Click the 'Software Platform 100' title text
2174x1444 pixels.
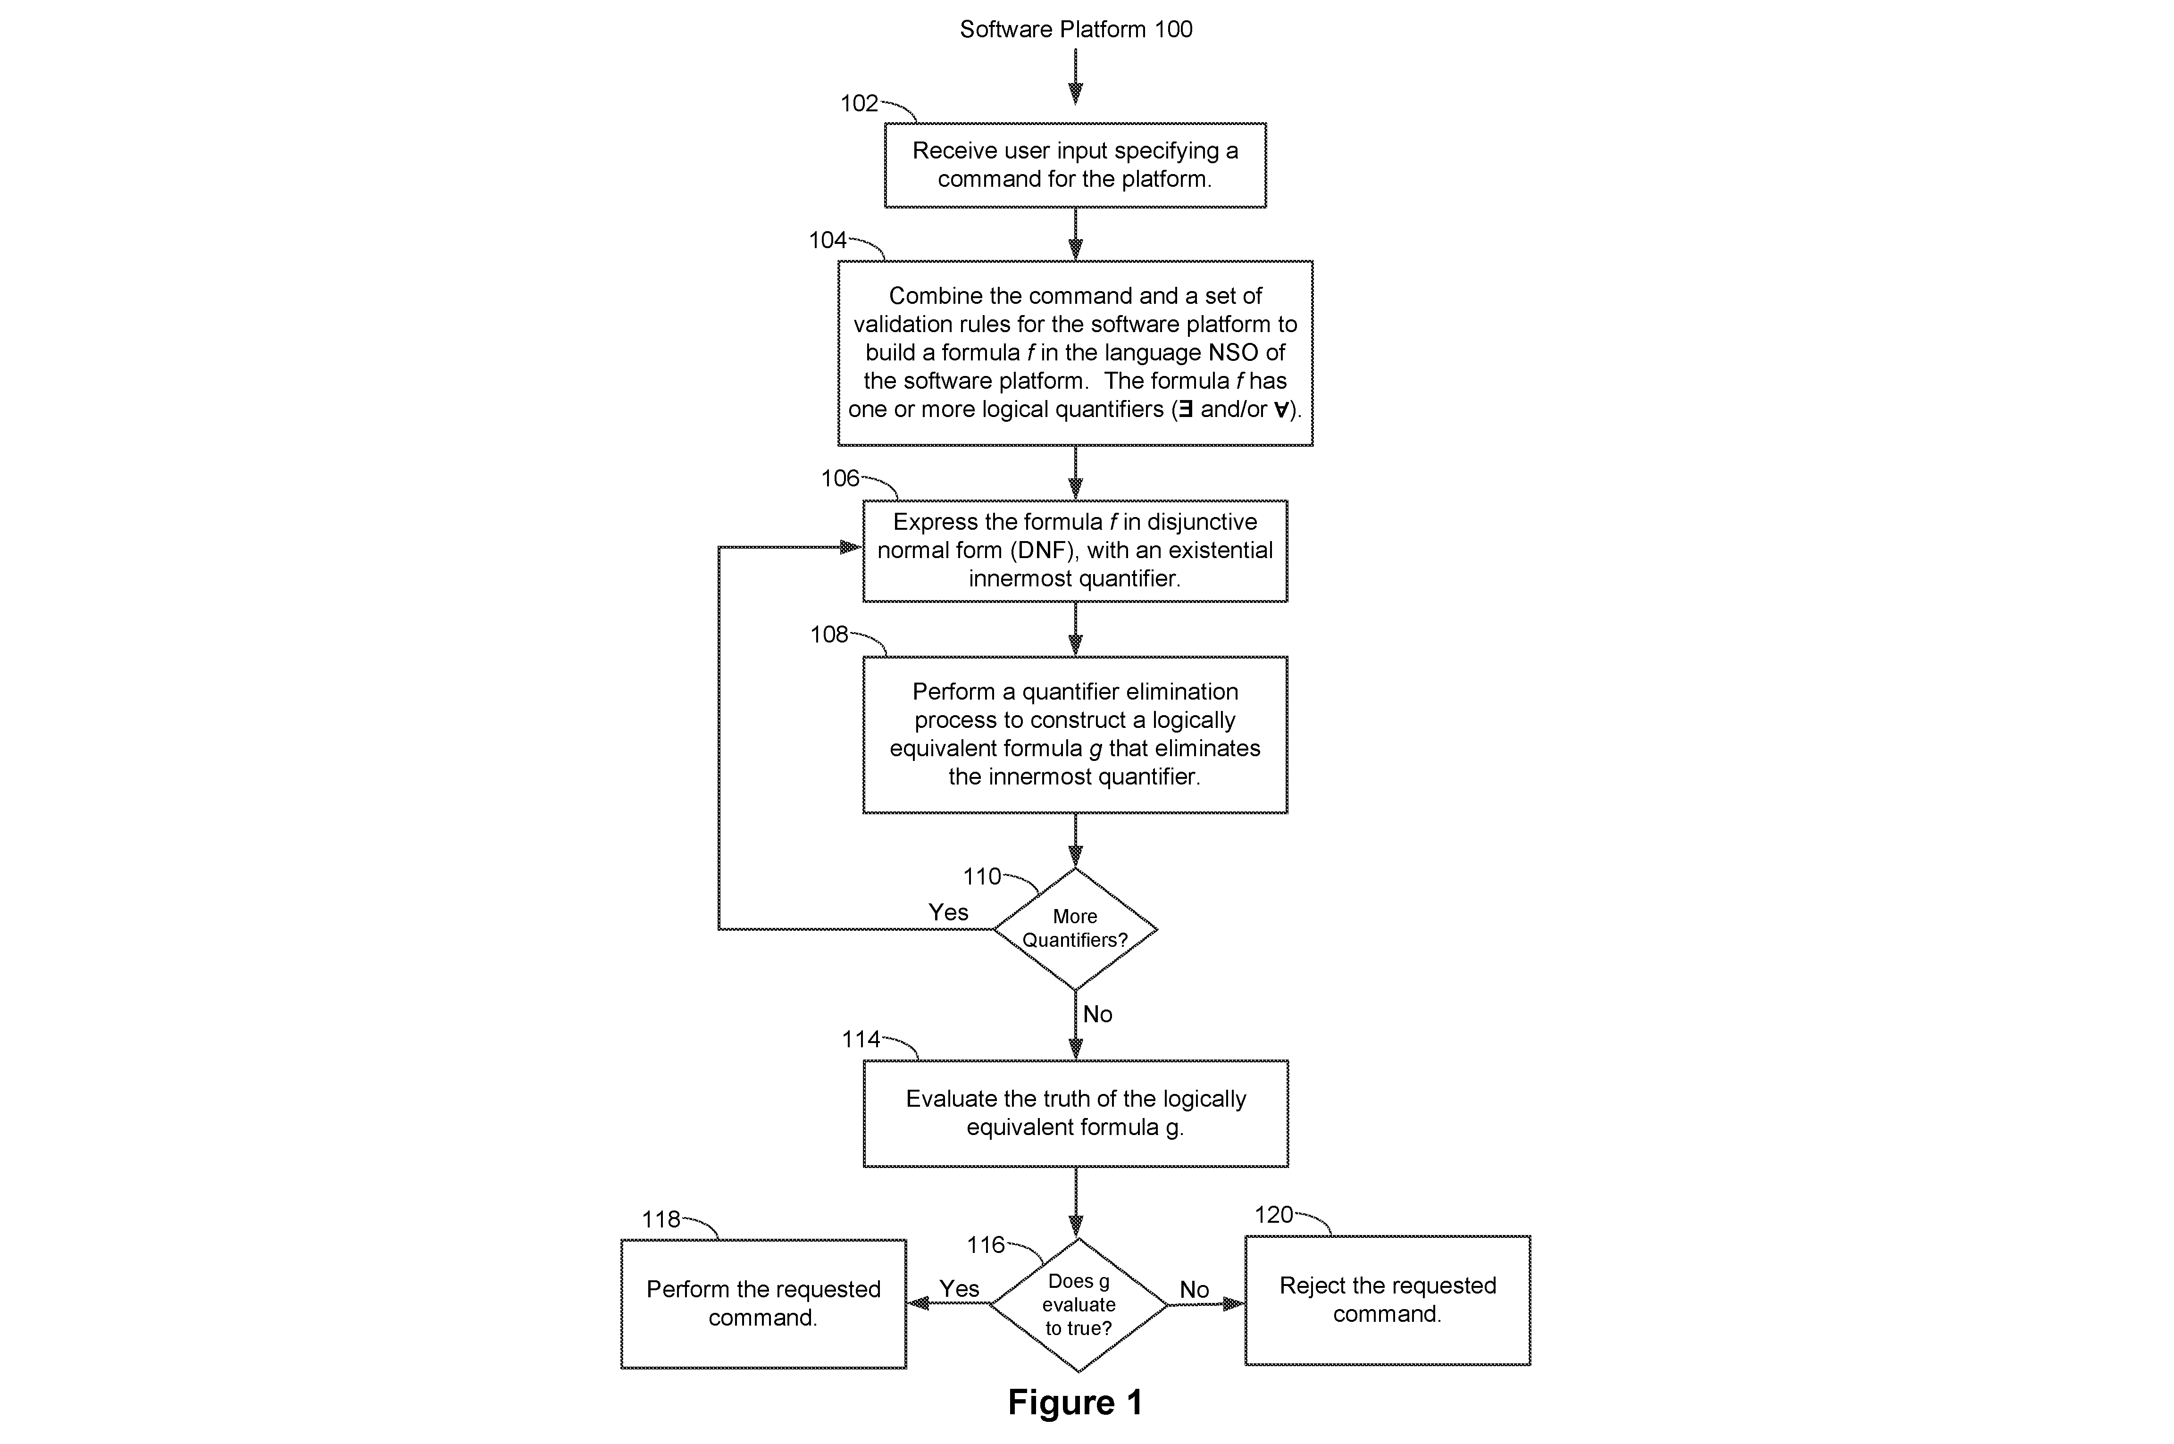click(1076, 29)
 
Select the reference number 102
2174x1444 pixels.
click(859, 103)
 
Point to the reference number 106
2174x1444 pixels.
click(840, 478)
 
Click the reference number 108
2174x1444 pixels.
click(829, 634)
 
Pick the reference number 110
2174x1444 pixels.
click(982, 876)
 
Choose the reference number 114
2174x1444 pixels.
click(861, 1040)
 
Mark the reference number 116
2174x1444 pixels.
click(985, 1245)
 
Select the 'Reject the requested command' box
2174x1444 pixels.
click(1388, 1300)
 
